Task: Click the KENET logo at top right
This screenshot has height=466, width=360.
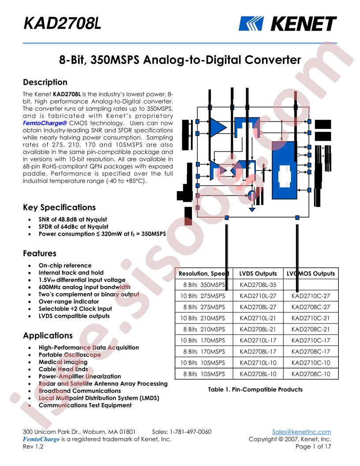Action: pyautogui.click(x=287, y=24)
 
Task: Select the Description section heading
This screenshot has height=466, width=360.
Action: pyautogui.click(x=45, y=82)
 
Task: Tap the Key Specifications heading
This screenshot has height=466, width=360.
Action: pyautogui.click(x=59, y=207)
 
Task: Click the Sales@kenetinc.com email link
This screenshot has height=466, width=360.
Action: pyautogui.click(x=301, y=432)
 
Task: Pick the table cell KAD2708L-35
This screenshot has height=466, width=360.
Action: pyautogui.click(x=258, y=285)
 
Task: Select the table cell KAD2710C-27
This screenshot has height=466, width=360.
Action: pyautogui.click(x=311, y=296)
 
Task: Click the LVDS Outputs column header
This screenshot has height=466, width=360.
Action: pyautogui.click(x=258, y=274)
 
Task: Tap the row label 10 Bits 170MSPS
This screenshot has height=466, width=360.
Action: pyautogui.click(x=203, y=340)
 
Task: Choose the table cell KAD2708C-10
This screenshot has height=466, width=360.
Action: pyautogui.click(x=311, y=374)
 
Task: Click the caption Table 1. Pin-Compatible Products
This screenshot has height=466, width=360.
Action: pyautogui.click(x=255, y=389)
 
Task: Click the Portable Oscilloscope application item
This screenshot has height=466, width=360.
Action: pyautogui.click(x=70, y=354)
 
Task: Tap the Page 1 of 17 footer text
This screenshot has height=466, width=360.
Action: pyautogui.click(x=313, y=447)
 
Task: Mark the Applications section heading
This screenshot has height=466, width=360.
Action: pyautogui.click(x=48, y=335)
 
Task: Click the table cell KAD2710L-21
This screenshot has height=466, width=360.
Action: pyautogui.click(x=258, y=318)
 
